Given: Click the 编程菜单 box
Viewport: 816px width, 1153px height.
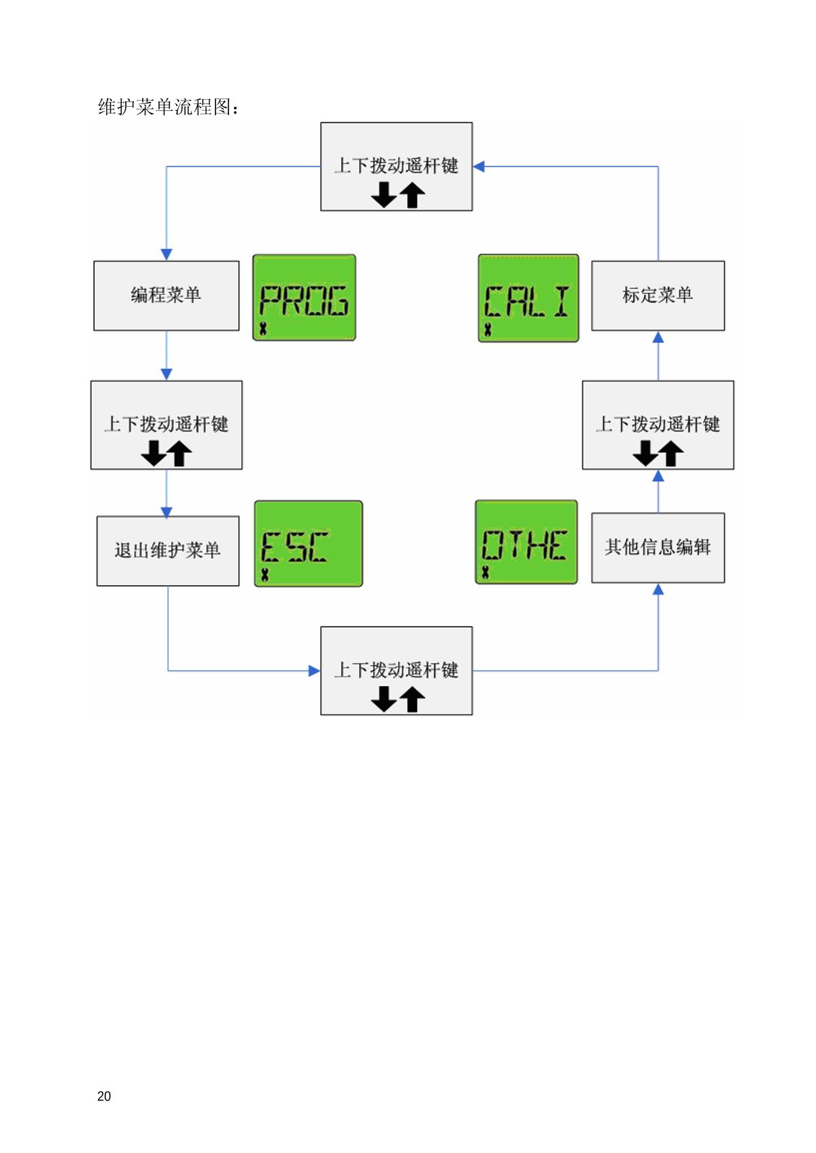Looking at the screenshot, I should (166, 296).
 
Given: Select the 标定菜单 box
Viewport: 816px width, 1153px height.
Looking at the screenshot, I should (658, 296).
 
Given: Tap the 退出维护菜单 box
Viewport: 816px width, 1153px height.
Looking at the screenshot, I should (167, 550).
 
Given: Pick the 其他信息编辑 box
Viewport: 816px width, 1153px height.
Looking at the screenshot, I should (658, 548).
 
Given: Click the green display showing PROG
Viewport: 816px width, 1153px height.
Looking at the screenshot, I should (304, 298).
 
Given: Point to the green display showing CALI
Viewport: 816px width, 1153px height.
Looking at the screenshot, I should (528, 298).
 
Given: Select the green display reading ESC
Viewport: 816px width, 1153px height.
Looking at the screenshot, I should (308, 544).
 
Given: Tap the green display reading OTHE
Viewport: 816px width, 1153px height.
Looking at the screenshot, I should (526, 542).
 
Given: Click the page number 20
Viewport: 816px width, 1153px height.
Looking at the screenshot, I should (104, 1096).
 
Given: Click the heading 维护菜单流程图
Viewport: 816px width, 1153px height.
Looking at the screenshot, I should (168, 107).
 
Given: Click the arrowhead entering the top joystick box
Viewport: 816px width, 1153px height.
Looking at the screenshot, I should (479, 166).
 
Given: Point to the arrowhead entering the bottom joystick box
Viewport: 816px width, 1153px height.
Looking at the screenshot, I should (314, 671).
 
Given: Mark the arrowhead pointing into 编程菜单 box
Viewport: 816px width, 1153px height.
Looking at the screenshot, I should (167, 254).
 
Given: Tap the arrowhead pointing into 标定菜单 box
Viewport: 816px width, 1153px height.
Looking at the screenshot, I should (658, 337).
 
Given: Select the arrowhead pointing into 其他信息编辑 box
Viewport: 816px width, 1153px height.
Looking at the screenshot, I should (658, 590).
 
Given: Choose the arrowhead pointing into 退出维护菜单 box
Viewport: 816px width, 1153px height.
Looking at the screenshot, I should (167, 512).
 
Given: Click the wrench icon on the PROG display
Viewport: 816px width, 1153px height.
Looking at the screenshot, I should (263, 330).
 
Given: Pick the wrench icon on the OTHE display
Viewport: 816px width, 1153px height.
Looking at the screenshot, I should (486, 572).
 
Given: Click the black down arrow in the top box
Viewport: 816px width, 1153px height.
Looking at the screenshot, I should (384, 195).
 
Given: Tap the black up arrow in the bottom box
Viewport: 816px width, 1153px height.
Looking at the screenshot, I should (412, 699).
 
